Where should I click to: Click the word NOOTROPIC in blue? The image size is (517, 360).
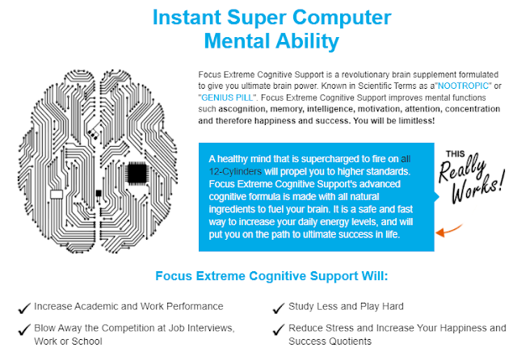(x=463, y=86)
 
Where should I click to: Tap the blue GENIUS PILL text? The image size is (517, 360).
(x=227, y=98)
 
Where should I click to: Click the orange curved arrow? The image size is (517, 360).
(x=449, y=230)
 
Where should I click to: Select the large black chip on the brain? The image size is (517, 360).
(x=137, y=173)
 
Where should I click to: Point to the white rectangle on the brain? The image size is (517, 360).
(x=57, y=195)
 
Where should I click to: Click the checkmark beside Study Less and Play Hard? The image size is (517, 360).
(x=279, y=308)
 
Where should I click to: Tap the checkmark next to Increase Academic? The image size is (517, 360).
(x=24, y=308)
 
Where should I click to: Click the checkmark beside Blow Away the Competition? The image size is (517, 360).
(x=24, y=329)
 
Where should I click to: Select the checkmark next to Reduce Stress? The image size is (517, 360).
(x=279, y=329)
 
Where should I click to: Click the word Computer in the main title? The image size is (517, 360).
(x=342, y=18)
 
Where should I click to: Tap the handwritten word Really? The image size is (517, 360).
(x=462, y=170)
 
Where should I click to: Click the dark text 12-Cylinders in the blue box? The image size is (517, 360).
(x=235, y=172)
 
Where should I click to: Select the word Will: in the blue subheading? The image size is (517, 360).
(x=375, y=276)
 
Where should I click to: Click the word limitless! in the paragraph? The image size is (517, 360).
(x=417, y=121)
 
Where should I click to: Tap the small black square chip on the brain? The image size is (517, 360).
(x=99, y=194)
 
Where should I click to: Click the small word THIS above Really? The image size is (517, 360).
(x=456, y=154)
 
